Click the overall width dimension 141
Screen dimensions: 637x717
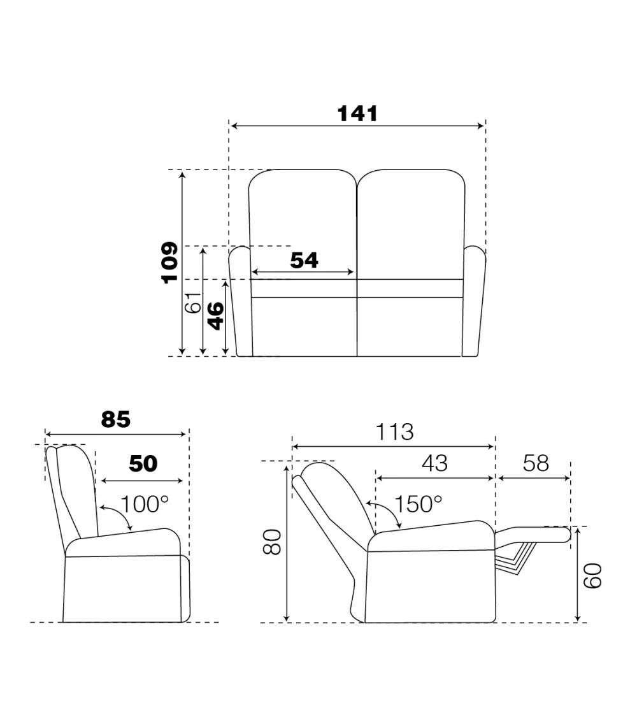[x=357, y=114]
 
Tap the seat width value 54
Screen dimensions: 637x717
[x=304, y=260]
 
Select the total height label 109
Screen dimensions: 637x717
[x=169, y=263]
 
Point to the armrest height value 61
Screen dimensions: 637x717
[x=192, y=302]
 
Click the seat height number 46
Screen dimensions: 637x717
[x=216, y=315]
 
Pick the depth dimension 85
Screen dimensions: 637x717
[x=115, y=419]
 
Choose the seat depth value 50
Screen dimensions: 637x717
[x=143, y=464]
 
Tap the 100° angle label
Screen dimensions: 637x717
[x=145, y=504]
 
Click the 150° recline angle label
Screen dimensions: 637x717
[x=418, y=504]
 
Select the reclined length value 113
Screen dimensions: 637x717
[x=394, y=431]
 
